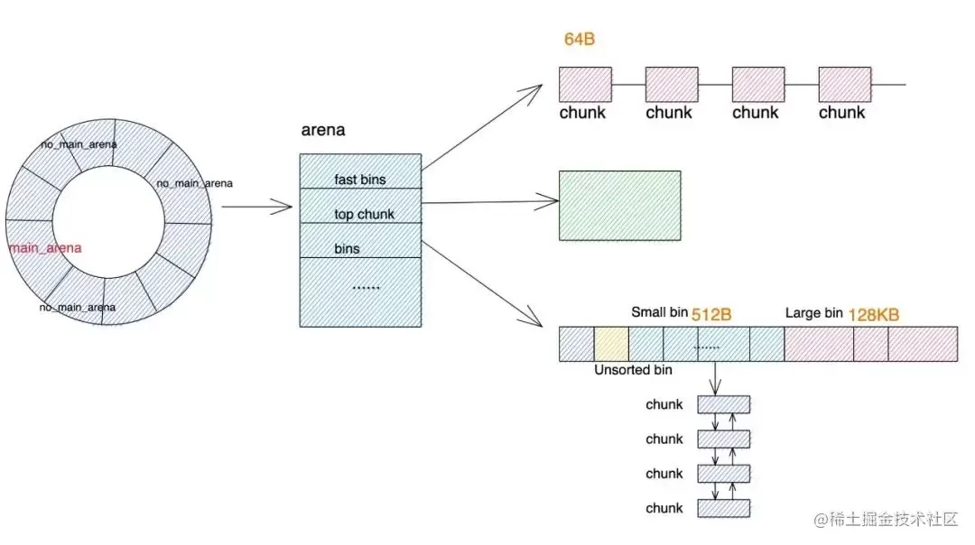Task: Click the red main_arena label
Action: (45, 248)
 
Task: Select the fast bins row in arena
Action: (360, 171)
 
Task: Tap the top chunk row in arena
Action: (360, 206)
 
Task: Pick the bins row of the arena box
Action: (360, 241)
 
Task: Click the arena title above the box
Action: (322, 130)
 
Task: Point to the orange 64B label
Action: (580, 39)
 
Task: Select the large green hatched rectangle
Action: (620, 206)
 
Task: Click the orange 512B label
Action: (711, 314)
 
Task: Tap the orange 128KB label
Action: (874, 315)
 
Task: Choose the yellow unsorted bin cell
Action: (611, 345)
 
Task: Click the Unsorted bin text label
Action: (633, 370)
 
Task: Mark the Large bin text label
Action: (814, 312)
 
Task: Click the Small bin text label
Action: (660, 312)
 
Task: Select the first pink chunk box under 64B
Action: (585, 85)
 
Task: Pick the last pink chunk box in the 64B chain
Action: (845, 85)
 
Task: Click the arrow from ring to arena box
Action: (256, 207)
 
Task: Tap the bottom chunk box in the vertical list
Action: (724, 508)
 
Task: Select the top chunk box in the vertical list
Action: (724, 404)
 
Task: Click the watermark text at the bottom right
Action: (886, 519)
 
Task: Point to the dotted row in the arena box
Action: (360, 292)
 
